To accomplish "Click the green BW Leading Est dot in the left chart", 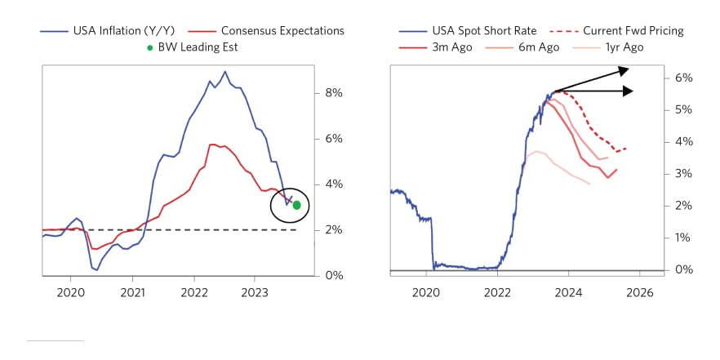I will [297, 205].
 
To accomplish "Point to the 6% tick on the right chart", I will [683, 78].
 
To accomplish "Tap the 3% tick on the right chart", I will [683, 174].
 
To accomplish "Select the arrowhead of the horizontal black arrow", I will [629, 91].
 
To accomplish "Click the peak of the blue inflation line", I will [224, 71].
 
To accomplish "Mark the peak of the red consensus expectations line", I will [212, 144].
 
